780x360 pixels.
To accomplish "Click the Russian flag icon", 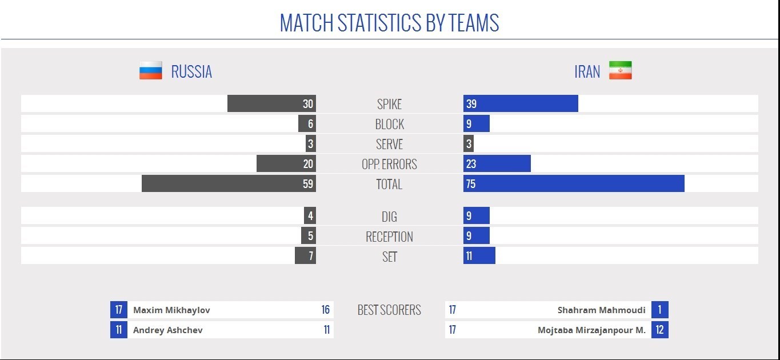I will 151,71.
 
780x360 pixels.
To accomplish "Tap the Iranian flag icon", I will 620,71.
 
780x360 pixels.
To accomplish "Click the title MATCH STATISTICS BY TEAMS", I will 389,23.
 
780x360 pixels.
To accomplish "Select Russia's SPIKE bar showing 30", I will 271,104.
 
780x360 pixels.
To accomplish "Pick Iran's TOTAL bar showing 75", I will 574,184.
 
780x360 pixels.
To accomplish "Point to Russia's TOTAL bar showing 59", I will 229,184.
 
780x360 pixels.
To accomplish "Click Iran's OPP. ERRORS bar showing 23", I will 497,164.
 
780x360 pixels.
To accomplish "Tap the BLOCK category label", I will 389,124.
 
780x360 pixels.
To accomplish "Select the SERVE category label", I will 389,144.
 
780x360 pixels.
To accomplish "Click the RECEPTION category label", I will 389,237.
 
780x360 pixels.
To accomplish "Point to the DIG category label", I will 389,217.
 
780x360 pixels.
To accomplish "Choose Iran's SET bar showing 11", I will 479,256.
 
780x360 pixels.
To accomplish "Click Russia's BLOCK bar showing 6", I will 307,124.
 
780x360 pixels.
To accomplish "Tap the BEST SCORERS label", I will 389,310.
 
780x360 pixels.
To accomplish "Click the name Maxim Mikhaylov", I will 171,310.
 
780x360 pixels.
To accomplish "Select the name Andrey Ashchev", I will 167,330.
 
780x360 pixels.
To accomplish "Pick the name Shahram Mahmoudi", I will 601,310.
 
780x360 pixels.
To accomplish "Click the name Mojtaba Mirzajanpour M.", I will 591,330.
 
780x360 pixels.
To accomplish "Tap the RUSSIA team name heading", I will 191,71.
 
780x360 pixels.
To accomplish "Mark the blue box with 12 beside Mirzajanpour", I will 659,330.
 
